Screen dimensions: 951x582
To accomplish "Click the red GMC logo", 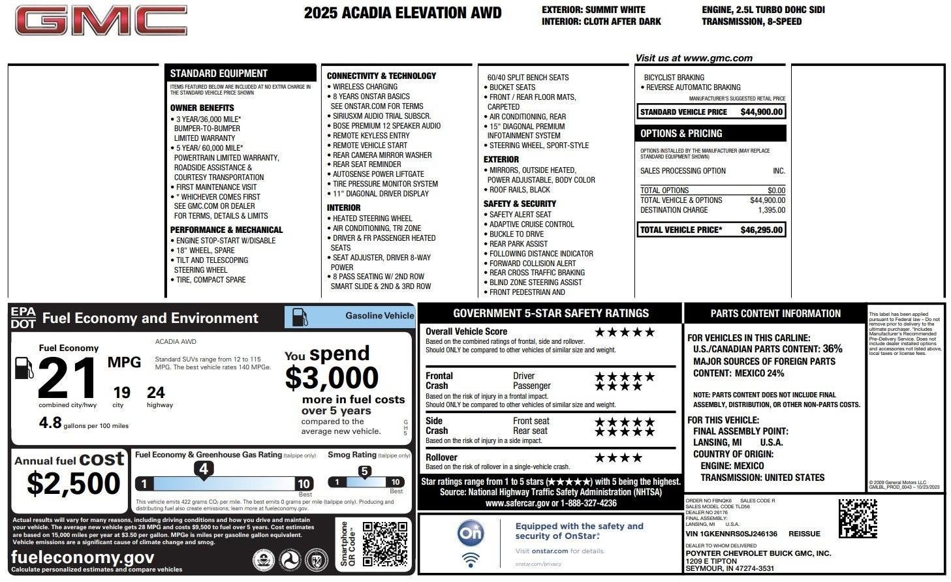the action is pyautogui.click(x=101, y=21).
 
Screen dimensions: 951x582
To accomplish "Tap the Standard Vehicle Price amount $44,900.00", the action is pyautogui.click(x=761, y=112).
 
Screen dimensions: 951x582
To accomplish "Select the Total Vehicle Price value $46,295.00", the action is pyautogui.click(x=761, y=230).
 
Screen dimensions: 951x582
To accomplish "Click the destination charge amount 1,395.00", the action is pyautogui.click(x=771, y=210).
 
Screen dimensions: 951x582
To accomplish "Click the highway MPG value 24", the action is pyautogui.click(x=155, y=393).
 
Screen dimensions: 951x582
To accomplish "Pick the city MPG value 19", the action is pyautogui.click(x=121, y=393).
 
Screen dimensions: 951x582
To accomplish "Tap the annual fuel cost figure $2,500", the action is pyautogui.click(x=74, y=483).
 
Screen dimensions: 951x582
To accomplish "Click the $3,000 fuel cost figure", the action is pyautogui.click(x=332, y=378).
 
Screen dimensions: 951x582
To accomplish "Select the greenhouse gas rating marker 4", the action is pyautogui.click(x=204, y=469).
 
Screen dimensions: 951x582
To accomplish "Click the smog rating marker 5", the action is pyautogui.click(x=364, y=471).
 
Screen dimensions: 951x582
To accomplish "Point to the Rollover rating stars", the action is pyautogui.click(x=618, y=458).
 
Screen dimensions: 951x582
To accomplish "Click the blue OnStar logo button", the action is pyautogui.click(x=470, y=533).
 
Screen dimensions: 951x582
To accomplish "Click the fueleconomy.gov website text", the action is pyautogui.click(x=83, y=557).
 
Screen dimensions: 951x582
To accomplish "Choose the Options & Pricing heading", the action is pyautogui.click(x=681, y=133).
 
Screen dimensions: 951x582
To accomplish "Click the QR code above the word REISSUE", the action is pyautogui.click(x=857, y=518).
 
